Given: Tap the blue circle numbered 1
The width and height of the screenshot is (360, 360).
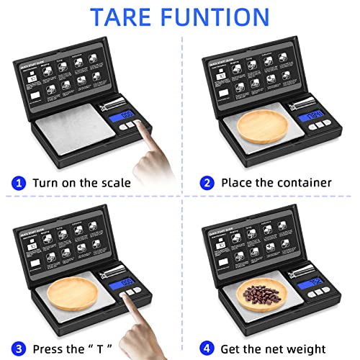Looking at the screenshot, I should tap(19, 182).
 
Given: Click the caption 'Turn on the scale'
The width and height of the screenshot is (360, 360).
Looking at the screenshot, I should tap(81, 182).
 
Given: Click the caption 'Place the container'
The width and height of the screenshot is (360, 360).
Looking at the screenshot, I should tap(276, 182).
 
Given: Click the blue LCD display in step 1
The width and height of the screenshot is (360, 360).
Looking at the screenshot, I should tap(128, 114).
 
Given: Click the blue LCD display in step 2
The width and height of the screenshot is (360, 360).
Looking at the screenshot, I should tap(315, 116).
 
